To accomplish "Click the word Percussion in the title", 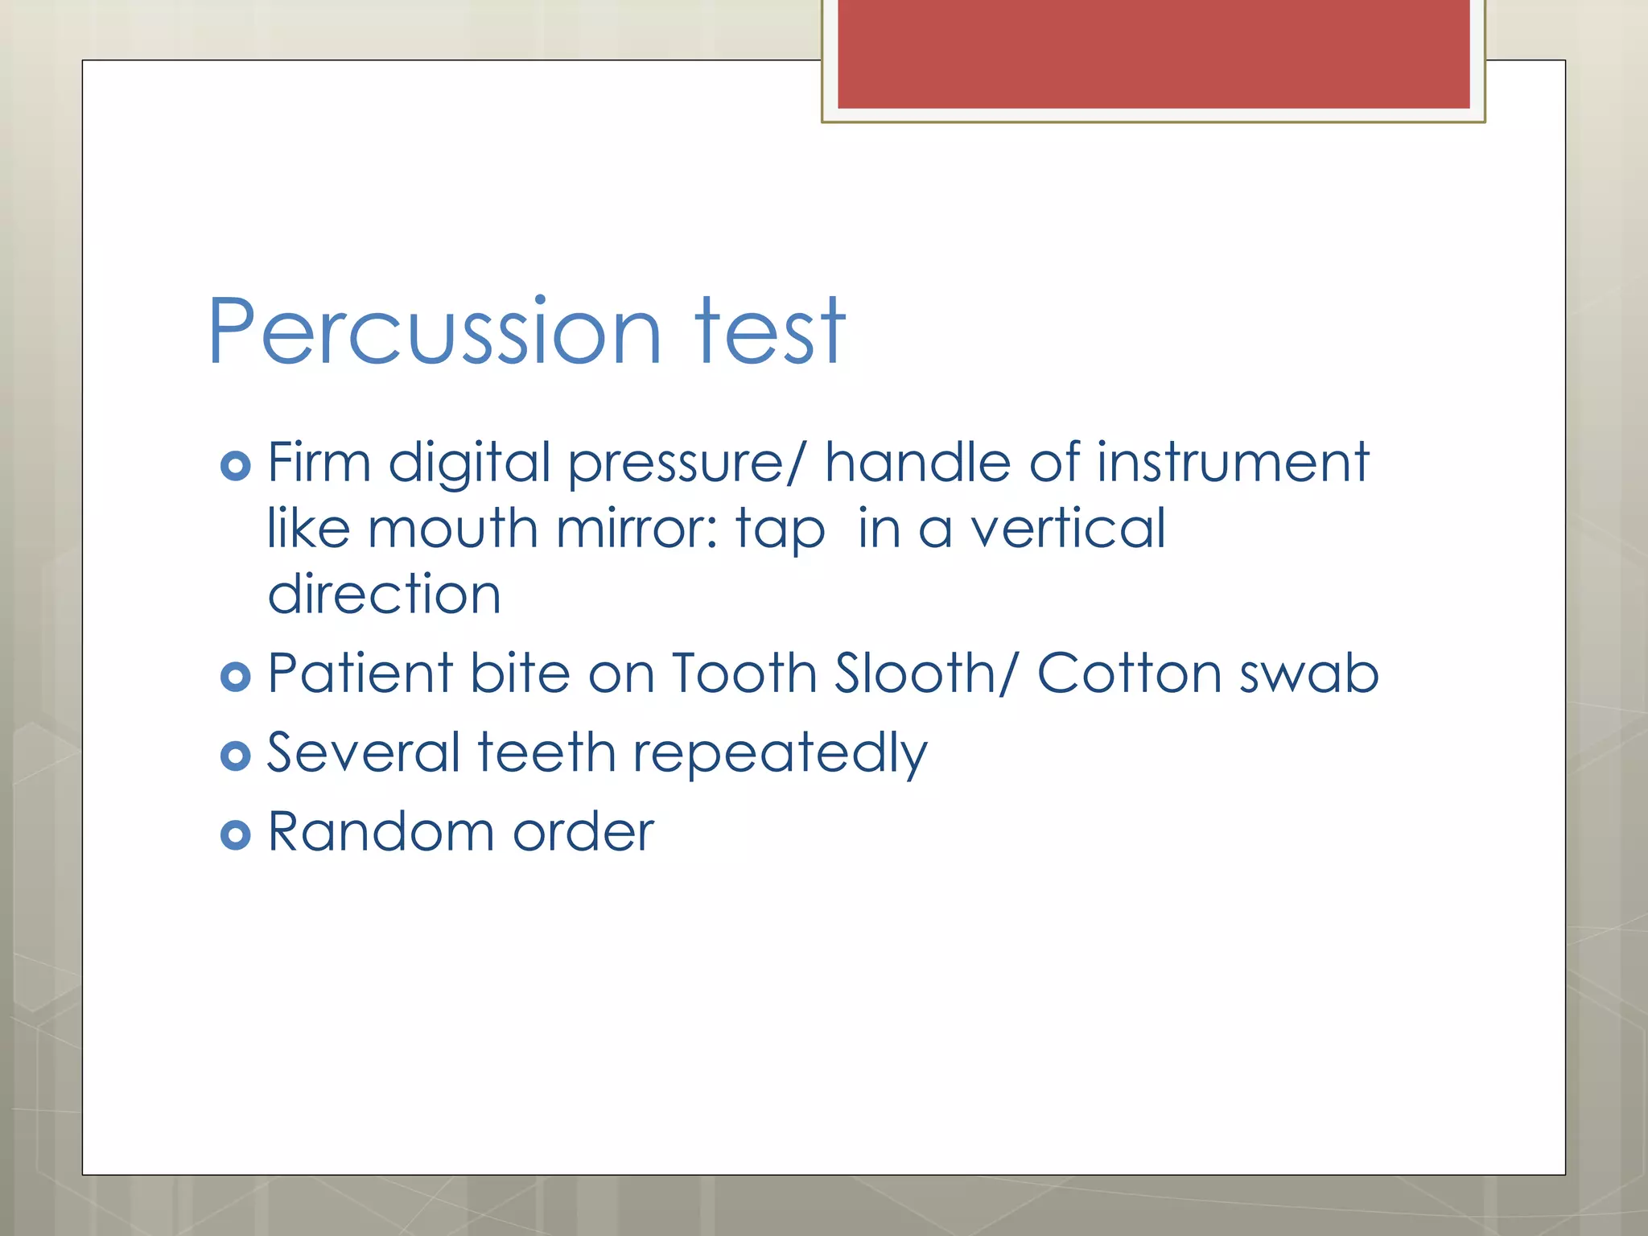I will [435, 332].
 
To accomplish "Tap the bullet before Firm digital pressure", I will [235, 466].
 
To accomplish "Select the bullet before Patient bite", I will [235, 677].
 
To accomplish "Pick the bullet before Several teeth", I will [235, 756].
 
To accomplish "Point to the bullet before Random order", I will [235, 835].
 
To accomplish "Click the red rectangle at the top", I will [1153, 53].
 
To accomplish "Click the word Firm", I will [319, 463].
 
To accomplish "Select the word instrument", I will [1233, 463].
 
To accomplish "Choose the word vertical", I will [1067, 529].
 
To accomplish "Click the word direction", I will [384, 595].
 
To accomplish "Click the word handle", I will [918, 463].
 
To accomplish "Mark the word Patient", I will [360, 673].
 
